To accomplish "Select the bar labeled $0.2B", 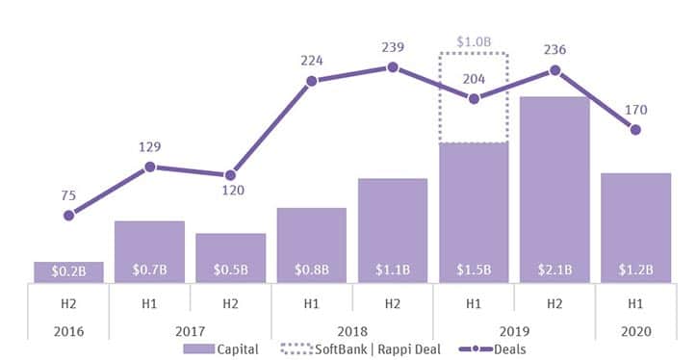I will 68,272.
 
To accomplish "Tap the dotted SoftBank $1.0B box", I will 473,96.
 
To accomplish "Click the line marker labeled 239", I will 393,67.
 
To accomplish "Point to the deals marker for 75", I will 68,216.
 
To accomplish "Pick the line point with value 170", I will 635,130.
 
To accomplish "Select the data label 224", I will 311,60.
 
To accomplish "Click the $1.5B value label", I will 473,271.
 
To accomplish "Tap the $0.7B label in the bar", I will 149,271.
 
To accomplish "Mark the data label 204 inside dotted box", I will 473,80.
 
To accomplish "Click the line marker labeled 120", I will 230,175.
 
